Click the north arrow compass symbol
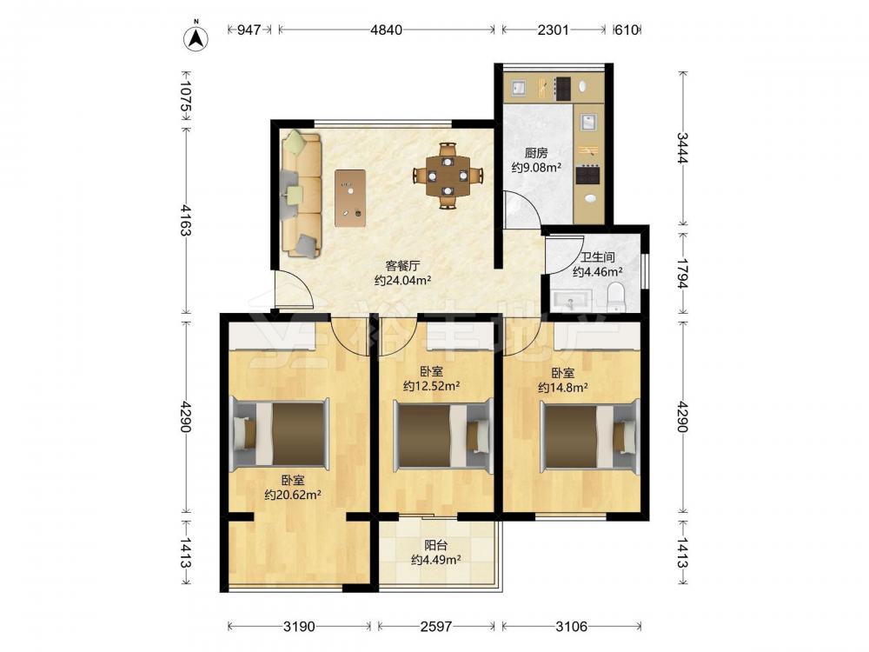(196, 37)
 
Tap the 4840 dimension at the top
(387, 30)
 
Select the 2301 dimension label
(553, 30)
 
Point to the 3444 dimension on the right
(682, 148)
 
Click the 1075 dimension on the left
(186, 100)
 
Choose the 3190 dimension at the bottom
(299, 627)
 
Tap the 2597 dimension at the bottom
(436, 627)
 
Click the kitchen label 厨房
(536, 153)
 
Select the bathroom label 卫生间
(598, 257)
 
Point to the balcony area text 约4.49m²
(436, 560)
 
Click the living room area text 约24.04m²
(403, 281)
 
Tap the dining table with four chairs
(448, 176)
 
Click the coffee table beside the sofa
(350, 198)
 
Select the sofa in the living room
(302, 194)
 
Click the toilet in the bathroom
(616, 296)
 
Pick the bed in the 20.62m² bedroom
(279, 434)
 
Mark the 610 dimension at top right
(627, 30)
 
